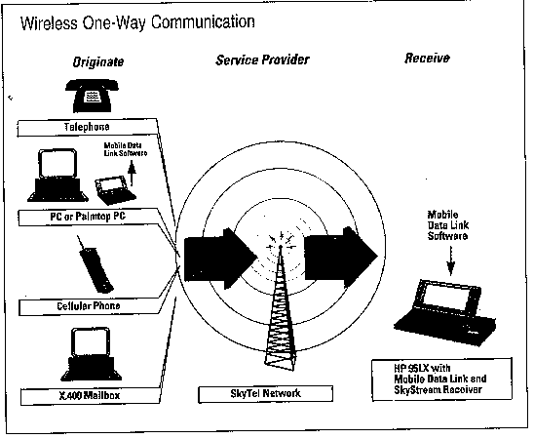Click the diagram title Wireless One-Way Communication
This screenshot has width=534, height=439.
[137, 22]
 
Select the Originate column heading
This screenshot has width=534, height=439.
[98, 62]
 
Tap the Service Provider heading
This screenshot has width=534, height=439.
[262, 60]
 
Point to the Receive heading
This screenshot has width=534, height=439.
[427, 59]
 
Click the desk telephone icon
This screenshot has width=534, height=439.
[92, 96]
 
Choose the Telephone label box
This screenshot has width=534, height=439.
[87, 128]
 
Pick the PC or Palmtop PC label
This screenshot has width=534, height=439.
[88, 217]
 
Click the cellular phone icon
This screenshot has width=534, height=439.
[95, 264]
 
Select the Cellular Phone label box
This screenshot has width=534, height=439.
[89, 306]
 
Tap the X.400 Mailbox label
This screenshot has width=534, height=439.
[90, 396]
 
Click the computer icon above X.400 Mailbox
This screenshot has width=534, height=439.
[91, 354]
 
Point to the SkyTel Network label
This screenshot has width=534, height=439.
[265, 394]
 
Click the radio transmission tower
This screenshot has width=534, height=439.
[281, 306]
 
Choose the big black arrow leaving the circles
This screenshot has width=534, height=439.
[340, 257]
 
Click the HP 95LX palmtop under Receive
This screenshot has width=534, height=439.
[444, 313]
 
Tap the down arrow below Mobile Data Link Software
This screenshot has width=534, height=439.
[450, 260]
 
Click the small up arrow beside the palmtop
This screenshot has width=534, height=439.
[132, 175]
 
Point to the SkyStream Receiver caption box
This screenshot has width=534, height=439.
[442, 379]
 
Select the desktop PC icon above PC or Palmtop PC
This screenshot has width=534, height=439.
[57, 176]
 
